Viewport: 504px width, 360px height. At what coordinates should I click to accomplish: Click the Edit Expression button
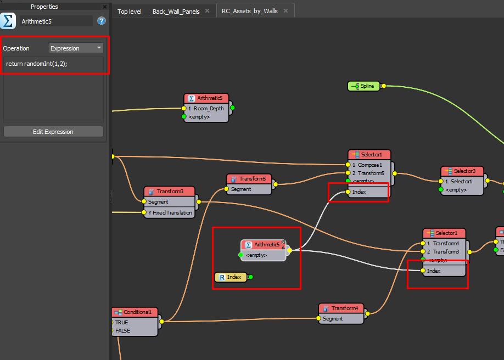click(x=53, y=132)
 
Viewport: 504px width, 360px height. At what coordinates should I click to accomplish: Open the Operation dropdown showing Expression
click(x=76, y=48)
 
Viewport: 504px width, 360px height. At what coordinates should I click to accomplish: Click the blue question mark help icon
click(x=102, y=21)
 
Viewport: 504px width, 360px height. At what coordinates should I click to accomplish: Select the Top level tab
click(x=129, y=11)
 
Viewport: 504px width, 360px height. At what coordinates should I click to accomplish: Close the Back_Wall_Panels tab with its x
click(x=208, y=10)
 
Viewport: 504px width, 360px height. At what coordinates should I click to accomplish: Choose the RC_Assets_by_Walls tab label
click(x=249, y=11)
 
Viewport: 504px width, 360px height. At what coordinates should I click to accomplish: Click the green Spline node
click(x=364, y=86)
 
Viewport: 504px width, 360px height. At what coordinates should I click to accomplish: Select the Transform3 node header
click(x=170, y=191)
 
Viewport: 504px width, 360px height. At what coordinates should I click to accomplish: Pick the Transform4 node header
click(x=341, y=308)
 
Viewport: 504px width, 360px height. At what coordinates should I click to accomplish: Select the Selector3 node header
click(x=462, y=171)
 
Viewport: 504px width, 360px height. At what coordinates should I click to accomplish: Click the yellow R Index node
click(x=231, y=277)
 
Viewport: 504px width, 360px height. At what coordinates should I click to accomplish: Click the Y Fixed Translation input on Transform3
click(x=170, y=212)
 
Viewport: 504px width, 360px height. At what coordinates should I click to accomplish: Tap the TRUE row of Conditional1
click(x=121, y=322)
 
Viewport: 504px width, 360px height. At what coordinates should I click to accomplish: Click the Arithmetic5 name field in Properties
click(x=56, y=21)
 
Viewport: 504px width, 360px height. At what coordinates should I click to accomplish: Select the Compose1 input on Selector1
click(x=370, y=165)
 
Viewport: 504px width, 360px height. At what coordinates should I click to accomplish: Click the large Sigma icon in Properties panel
click(x=8, y=21)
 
